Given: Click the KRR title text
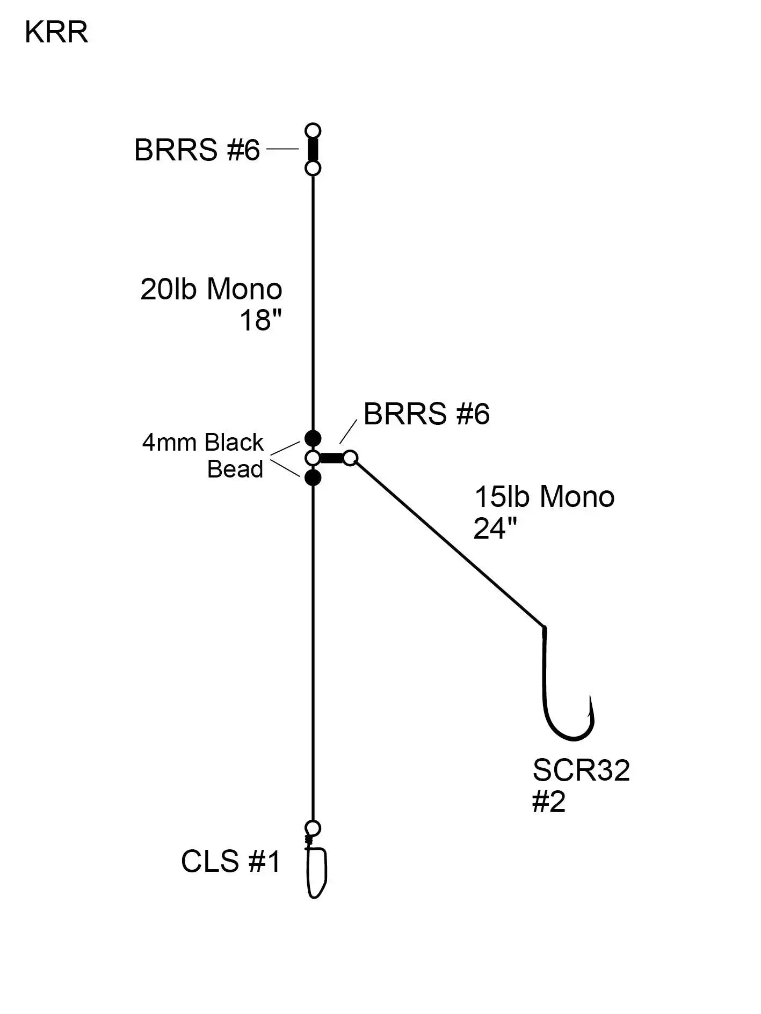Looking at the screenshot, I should click(56, 33).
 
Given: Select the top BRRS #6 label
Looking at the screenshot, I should click(197, 150).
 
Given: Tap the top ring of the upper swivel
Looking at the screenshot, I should click(313, 131).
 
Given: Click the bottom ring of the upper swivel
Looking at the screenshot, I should click(313, 168).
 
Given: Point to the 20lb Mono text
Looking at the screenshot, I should click(211, 289).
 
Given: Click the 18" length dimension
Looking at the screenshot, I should click(260, 321).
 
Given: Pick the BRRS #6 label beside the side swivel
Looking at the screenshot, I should click(426, 414).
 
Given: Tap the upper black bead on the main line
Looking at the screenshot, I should click(313, 438).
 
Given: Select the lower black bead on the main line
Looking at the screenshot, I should click(313, 477).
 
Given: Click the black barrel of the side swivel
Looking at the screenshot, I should click(331, 458).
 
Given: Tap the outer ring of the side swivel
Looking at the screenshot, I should click(350, 458).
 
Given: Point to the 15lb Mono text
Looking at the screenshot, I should click(544, 497).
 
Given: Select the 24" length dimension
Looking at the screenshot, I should click(495, 529).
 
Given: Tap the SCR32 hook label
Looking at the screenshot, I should click(581, 770).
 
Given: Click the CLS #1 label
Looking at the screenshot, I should click(231, 862).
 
